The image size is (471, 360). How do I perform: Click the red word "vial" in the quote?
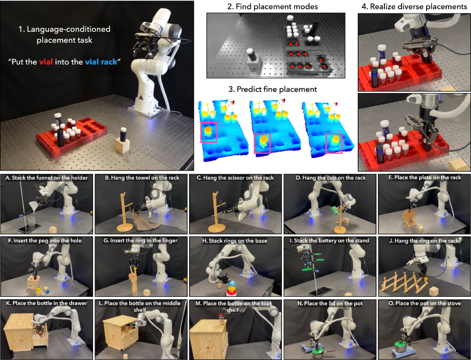[x=46, y=62]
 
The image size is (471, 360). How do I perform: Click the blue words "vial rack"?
[x=101, y=62]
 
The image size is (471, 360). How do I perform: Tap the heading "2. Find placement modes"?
[x=273, y=6]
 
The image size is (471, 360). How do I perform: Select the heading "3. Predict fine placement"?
[x=273, y=89]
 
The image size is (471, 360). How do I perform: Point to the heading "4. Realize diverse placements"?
[x=414, y=6]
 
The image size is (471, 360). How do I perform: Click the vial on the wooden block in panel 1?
[x=123, y=134]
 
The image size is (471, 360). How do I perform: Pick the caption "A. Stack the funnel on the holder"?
[x=47, y=178]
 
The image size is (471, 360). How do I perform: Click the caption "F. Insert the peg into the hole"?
[x=44, y=241]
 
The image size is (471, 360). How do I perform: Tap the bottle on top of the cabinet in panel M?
[x=222, y=319]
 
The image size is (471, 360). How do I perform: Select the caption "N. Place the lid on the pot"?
[x=330, y=303]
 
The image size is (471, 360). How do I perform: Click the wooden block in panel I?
[x=348, y=295]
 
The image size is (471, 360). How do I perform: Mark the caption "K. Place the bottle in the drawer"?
[x=47, y=303]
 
